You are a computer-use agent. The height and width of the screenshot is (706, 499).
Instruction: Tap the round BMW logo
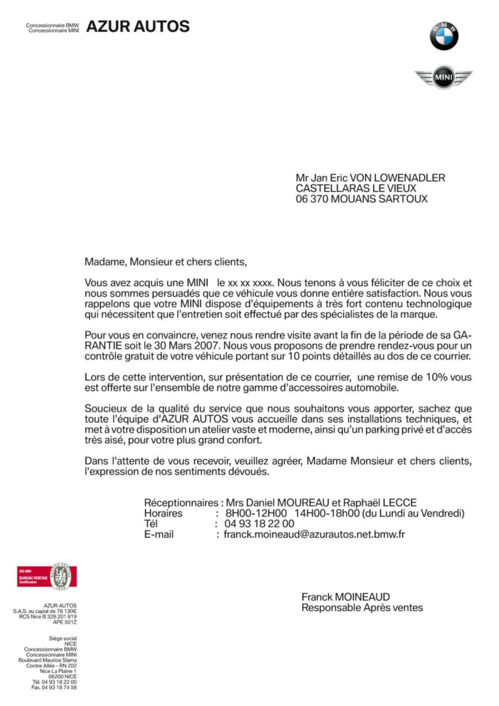click(x=444, y=36)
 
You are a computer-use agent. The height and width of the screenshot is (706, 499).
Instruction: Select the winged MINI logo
click(x=443, y=77)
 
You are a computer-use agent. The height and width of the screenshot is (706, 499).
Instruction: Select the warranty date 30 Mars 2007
click(x=186, y=345)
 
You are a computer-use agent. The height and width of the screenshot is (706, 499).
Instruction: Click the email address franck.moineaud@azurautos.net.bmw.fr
click(x=314, y=534)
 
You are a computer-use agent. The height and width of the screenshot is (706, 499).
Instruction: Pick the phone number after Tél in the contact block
click(x=259, y=523)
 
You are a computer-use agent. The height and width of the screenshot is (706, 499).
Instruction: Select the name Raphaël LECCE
click(x=380, y=502)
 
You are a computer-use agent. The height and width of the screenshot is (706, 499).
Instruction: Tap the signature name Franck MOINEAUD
click(x=345, y=597)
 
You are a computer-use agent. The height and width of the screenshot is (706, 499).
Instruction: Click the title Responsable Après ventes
click(x=362, y=608)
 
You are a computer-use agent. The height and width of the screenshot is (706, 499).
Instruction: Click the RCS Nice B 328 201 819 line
click(x=48, y=616)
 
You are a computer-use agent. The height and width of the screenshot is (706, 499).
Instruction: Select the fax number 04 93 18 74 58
click(x=54, y=687)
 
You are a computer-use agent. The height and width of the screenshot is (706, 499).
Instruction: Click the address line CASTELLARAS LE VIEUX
click(x=356, y=188)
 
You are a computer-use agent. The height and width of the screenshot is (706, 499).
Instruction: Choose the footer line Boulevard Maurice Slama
click(x=48, y=660)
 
